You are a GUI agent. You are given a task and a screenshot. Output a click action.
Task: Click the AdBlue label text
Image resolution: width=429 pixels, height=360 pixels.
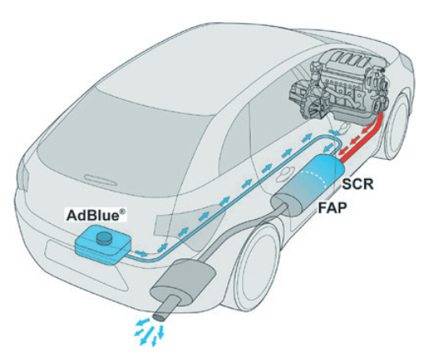coord(96,216)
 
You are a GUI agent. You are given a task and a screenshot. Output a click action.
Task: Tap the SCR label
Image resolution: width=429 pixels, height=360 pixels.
coord(358,185)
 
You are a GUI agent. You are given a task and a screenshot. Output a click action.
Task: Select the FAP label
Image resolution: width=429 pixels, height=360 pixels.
coord(332,208)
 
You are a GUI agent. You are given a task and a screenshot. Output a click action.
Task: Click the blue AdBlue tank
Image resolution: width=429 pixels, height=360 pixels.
coord(103,245)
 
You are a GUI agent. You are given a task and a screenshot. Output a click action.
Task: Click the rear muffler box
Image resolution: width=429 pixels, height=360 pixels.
coord(184,283)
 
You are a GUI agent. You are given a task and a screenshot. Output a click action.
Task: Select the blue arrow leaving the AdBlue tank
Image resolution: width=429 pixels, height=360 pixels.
coord(141,253)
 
